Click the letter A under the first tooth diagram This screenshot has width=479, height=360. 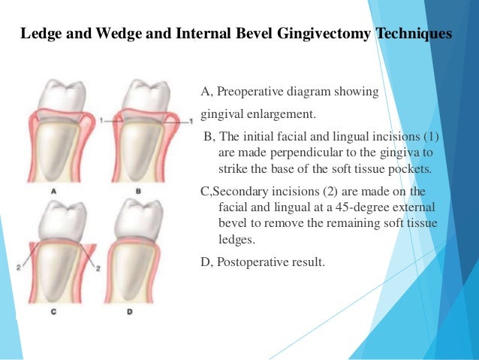(x=54, y=192)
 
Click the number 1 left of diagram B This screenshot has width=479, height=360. (x=99, y=120)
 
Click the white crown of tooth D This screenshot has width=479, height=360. (x=140, y=221)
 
